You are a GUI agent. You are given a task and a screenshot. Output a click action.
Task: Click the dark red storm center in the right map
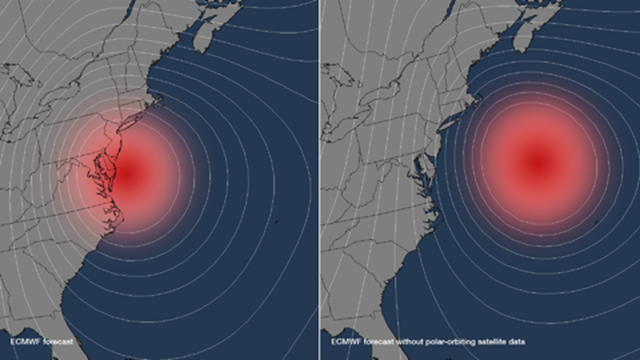539,158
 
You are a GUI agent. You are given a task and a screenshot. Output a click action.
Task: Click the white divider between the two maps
320,180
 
